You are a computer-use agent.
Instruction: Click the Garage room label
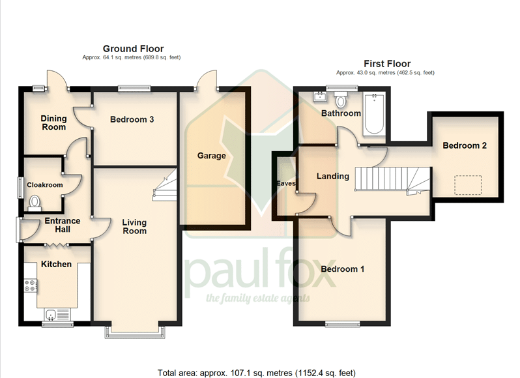[x=212, y=156]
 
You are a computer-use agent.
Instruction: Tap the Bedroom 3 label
[x=132, y=119]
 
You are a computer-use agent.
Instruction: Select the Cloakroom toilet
[x=35, y=203]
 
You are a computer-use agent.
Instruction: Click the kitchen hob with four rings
[x=30, y=285]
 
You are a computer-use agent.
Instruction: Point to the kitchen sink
[x=51, y=314]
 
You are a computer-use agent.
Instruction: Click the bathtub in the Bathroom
[x=374, y=114]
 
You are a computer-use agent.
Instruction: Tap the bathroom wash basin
[x=320, y=97]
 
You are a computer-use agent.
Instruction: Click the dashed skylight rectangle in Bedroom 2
[x=468, y=185]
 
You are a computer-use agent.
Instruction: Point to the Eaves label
[x=286, y=183]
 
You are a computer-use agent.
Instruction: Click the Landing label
[x=332, y=176]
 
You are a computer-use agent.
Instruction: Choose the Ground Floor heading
[x=134, y=49]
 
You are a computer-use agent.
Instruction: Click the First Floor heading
[x=387, y=64]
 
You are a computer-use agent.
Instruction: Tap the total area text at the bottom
[x=256, y=373]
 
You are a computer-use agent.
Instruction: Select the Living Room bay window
[x=135, y=332]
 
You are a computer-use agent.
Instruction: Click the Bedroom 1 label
[x=342, y=269]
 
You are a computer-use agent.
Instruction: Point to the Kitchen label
[x=56, y=264]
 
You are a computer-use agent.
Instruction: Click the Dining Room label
[x=53, y=123]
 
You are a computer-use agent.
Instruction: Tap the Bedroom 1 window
[x=343, y=325]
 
